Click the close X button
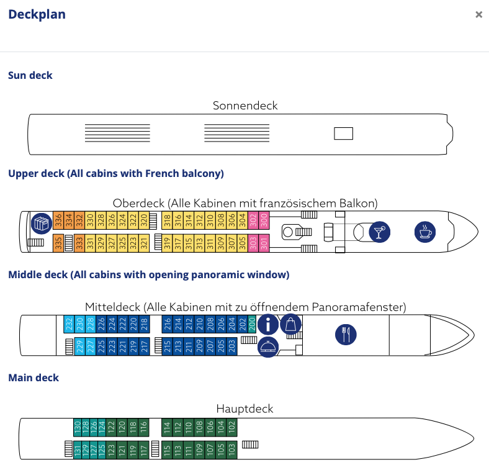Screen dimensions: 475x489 [478, 15]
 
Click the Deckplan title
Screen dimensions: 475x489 [37, 14]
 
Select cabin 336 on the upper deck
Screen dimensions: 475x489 [58, 220]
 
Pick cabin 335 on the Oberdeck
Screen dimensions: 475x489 [58, 243]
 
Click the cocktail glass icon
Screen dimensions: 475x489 [379, 232]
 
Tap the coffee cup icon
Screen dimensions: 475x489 [425, 232]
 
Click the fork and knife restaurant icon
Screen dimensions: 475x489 [346, 335]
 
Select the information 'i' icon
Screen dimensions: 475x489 [268, 324]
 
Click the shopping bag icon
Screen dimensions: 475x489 [291, 324]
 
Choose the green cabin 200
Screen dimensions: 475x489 [252, 323]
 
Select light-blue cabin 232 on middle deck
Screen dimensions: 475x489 [69, 323]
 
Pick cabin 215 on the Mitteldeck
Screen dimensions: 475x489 [168, 346]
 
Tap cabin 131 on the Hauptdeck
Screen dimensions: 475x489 [78, 450]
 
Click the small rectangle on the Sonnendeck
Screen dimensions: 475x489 [343, 133]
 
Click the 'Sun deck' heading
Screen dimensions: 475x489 [30, 75]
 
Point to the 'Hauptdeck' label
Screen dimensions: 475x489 [244, 409]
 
